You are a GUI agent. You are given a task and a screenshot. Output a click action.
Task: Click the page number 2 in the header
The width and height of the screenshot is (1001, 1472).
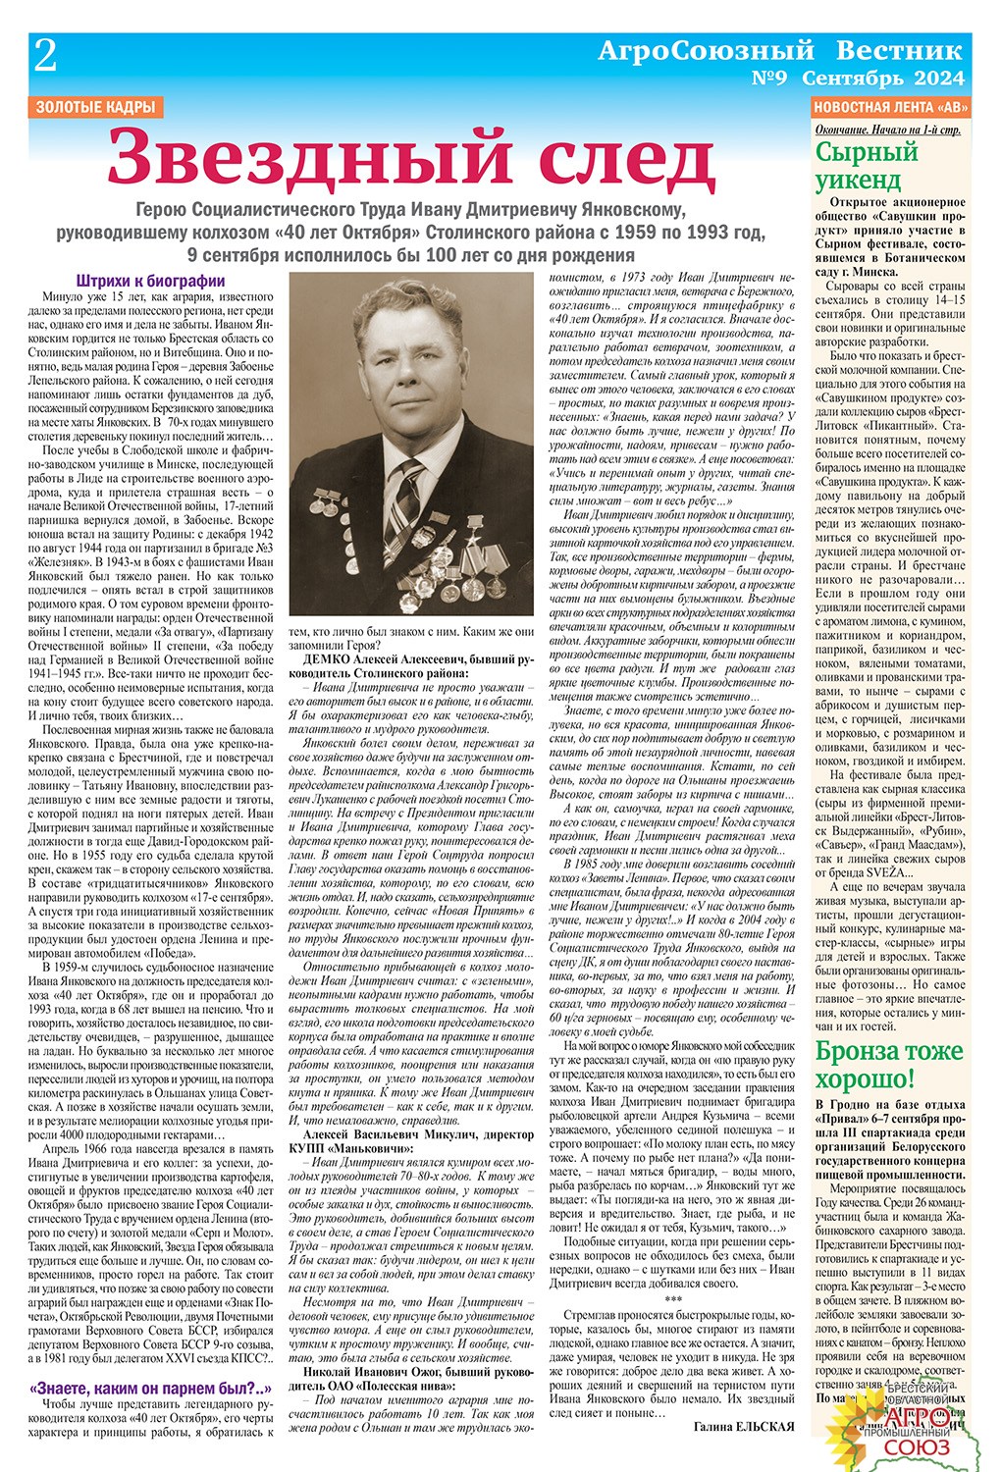(45, 57)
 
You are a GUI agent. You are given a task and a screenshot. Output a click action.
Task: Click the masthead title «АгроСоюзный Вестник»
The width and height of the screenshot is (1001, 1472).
(780, 50)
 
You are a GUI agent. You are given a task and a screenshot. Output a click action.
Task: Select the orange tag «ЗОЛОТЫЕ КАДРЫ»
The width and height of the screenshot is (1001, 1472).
(96, 108)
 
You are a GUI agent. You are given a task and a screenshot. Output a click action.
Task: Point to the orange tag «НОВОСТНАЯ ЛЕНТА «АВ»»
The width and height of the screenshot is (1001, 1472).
(891, 108)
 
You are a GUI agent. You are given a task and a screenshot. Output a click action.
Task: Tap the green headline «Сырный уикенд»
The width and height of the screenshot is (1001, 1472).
(868, 166)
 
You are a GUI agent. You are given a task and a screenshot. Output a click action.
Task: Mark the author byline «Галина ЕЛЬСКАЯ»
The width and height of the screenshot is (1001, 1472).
(744, 1426)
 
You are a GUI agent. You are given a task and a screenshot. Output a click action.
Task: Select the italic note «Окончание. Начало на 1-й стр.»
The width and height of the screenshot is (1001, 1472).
(888, 131)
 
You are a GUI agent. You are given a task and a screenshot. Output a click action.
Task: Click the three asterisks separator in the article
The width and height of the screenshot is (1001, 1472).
(672, 1298)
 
